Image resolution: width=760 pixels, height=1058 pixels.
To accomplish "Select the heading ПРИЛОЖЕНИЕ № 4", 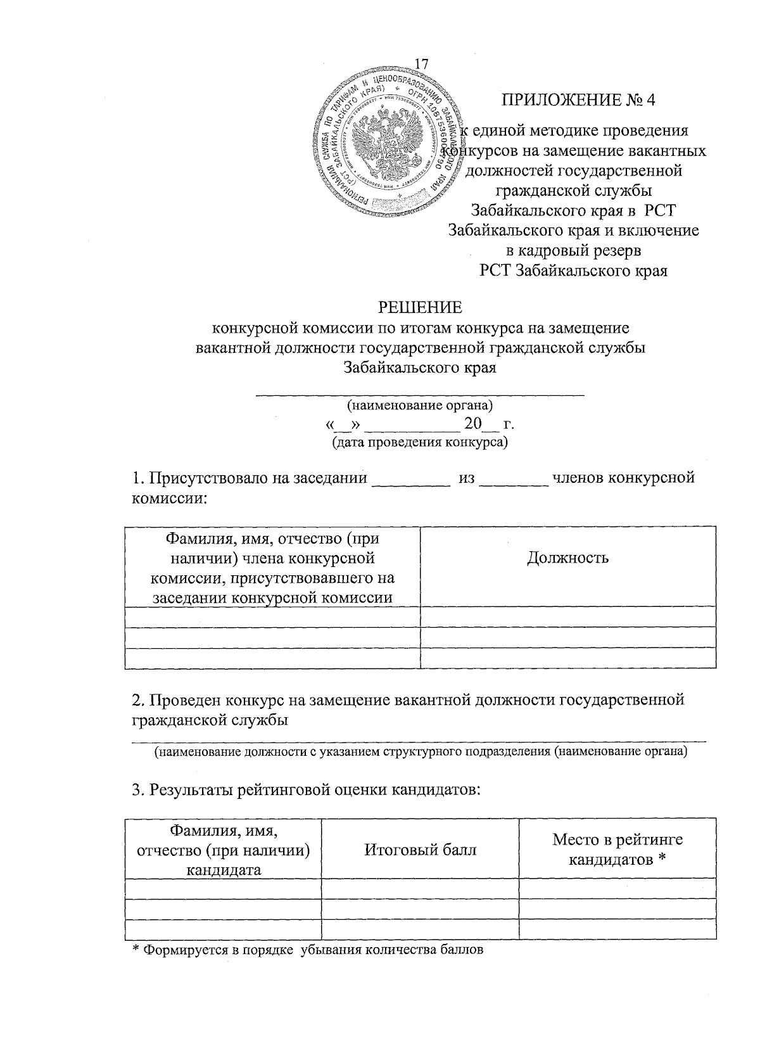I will pos(579,101).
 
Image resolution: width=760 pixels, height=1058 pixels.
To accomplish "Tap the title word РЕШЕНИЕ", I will pos(420,307).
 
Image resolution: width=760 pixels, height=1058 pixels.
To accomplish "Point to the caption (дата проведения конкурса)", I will pos(420,442).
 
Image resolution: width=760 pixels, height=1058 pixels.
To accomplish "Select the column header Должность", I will pos(567,558).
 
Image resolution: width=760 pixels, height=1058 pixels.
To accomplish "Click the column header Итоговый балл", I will pos(420,850).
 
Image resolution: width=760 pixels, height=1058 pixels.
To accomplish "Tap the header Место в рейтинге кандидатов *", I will pos(617,850).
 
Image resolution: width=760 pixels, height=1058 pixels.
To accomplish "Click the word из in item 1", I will pos(467,478).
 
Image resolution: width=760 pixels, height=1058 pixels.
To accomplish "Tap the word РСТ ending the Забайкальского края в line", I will pos(660,210).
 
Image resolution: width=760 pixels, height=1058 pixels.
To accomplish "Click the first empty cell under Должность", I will pos(567,617).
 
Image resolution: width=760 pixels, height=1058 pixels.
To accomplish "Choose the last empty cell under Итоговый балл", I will pos(420,929).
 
